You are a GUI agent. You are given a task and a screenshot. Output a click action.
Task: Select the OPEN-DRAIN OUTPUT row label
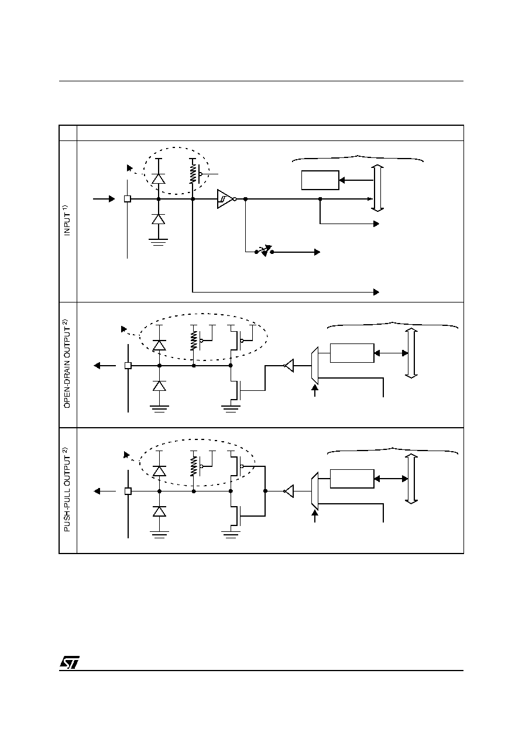(67, 363)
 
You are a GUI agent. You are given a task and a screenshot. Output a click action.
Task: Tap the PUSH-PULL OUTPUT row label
(67, 489)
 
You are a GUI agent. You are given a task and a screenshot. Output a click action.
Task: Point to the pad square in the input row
(128, 199)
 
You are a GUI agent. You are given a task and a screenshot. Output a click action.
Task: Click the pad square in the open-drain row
(128, 366)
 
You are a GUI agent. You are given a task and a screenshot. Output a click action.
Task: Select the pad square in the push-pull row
(128, 491)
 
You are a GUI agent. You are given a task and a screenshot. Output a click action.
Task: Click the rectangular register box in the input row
(320, 180)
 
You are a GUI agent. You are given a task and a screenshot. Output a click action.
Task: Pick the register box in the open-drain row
(352, 353)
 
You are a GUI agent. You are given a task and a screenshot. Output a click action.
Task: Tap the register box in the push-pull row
(352, 479)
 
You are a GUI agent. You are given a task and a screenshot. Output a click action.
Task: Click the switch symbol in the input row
(265, 251)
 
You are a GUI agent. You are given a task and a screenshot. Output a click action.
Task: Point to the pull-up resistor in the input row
(193, 174)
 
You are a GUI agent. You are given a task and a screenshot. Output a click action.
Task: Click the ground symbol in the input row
(159, 242)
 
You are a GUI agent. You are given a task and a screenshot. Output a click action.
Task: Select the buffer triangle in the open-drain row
(289, 366)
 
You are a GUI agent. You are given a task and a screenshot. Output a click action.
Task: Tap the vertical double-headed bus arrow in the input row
(377, 188)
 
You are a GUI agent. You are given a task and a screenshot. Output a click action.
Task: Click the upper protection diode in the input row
(159, 178)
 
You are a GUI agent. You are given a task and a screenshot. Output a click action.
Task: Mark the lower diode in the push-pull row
(159, 511)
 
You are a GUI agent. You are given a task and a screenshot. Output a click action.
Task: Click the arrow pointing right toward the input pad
(104, 199)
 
